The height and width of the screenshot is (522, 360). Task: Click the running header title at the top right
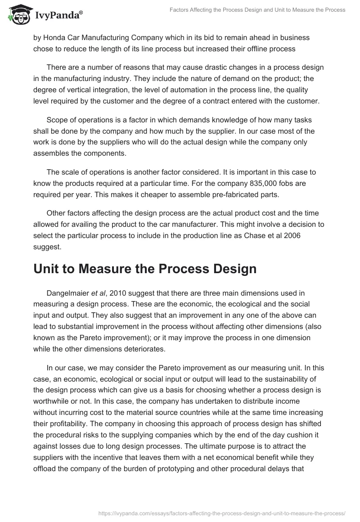(x=258, y=10)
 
